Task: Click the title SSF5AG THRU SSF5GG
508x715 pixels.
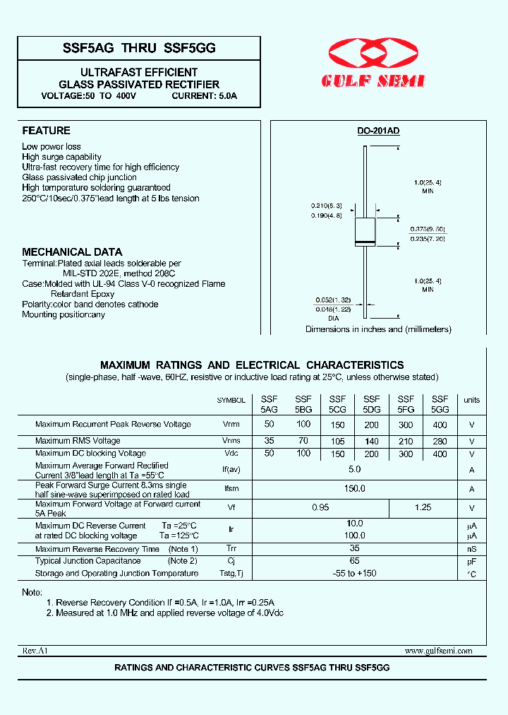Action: point(139,47)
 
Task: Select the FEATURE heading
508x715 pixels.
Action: point(46,131)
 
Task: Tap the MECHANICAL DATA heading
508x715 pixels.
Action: point(72,252)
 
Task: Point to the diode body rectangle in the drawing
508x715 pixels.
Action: point(364,232)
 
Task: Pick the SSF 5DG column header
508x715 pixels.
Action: point(371,404)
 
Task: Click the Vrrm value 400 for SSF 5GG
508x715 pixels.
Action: point(440,424)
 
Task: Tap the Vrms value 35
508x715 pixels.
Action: point(269,439)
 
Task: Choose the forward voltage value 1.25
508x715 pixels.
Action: point(423,507)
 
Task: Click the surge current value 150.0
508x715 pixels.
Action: point(354,488)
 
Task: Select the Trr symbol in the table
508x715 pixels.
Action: point(231,549)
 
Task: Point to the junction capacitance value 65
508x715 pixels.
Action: point(355,561)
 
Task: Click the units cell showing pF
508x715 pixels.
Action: point(471,562)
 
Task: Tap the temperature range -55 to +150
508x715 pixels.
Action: point(354,574)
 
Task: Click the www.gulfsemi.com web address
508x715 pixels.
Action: point(438,651)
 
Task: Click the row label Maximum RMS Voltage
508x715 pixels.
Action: point(78,441)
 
